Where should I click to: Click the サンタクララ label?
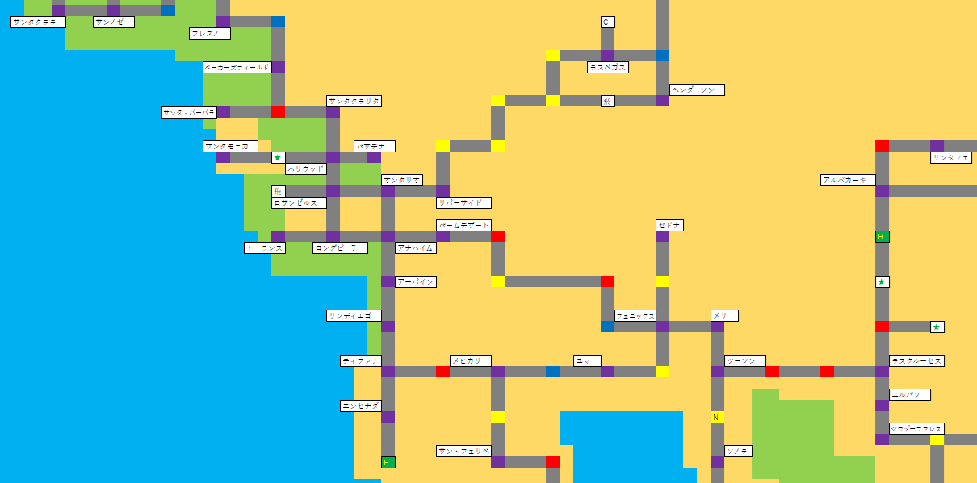click(38, 22)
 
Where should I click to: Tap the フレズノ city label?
click(210, 33)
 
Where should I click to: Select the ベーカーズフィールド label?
click(237, 67)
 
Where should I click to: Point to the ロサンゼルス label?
click(299, 202)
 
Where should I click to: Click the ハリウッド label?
click(306, 169)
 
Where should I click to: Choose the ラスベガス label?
click(608, 67)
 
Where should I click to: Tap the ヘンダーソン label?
click(697, 90)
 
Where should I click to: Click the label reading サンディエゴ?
click(354, 315)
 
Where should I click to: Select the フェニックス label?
click(635, 315)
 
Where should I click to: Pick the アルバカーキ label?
click(848, 180)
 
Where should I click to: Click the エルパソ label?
click(910, 394)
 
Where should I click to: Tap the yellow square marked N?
click(717, 417)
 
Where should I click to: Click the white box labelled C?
click(608, 22)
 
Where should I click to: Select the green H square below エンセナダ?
click(388, 462)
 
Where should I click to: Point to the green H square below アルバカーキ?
click(882, 236)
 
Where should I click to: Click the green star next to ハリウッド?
click(278, 157)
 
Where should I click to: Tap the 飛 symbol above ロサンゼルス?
click(278, 191)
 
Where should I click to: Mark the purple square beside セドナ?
click(662, 236)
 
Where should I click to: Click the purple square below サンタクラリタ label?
click(333, 112)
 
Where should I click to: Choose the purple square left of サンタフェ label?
click(937, 146)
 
